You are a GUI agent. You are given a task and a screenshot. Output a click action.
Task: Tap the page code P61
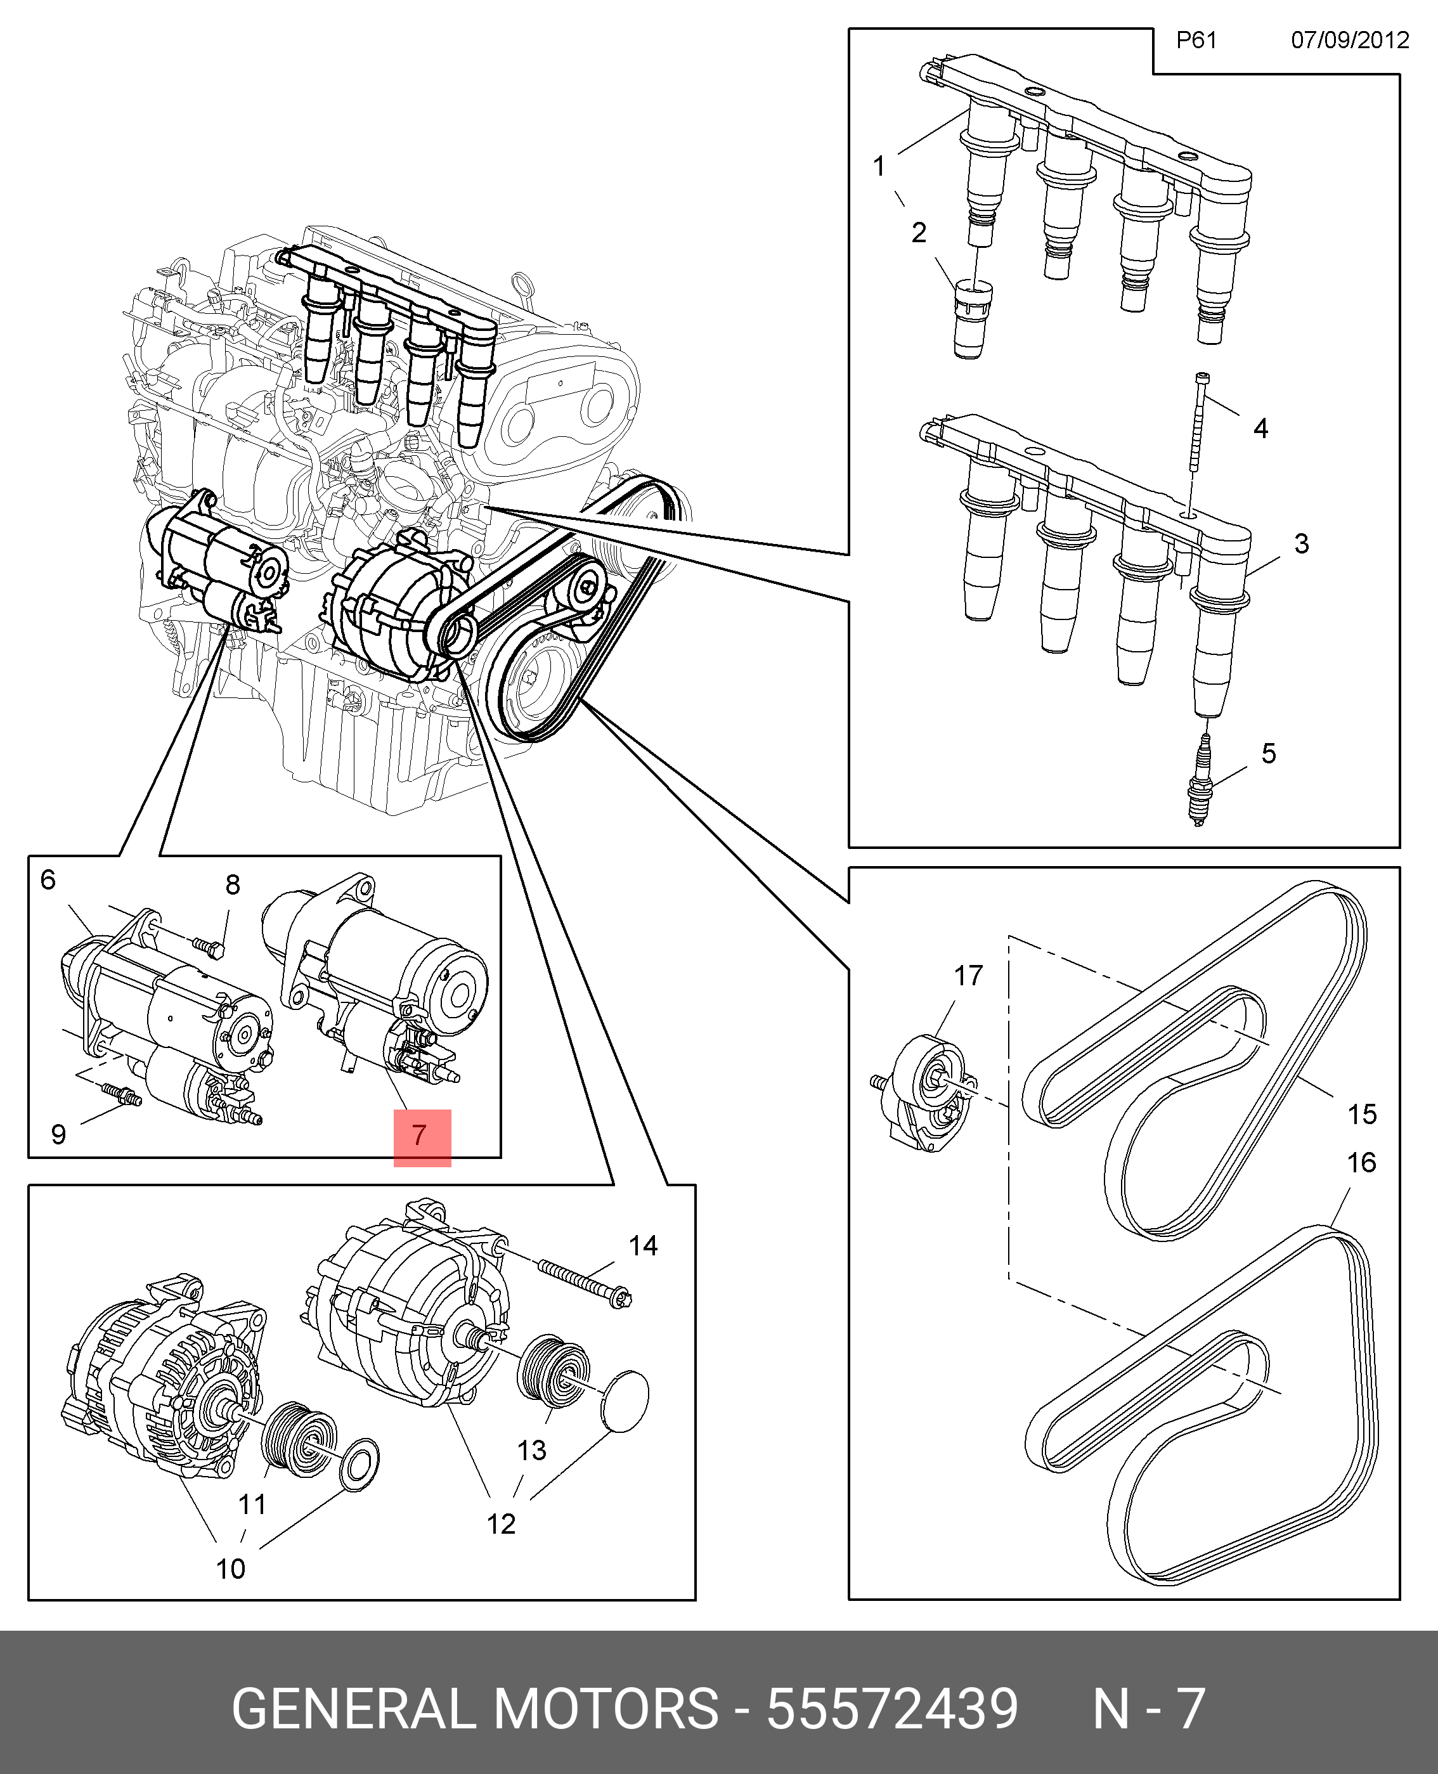(x=1196, y=40)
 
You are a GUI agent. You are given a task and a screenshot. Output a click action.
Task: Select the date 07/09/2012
(x=1349, y=40)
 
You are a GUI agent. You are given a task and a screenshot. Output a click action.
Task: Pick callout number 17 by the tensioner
(x=968, y=976)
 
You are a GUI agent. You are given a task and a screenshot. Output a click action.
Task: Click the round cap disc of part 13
(x=624, y=1400)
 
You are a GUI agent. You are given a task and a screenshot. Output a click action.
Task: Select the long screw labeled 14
(x=585, y=1283)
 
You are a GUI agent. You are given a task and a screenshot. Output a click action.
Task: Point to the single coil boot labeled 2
(x=971, y=319)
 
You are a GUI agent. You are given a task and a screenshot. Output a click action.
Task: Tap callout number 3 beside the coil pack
(x=1301, y=543)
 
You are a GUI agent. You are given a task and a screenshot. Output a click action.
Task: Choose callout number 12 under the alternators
(x=501, y=1524)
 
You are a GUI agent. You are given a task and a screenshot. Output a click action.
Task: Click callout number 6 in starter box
(x=48, y=879)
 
